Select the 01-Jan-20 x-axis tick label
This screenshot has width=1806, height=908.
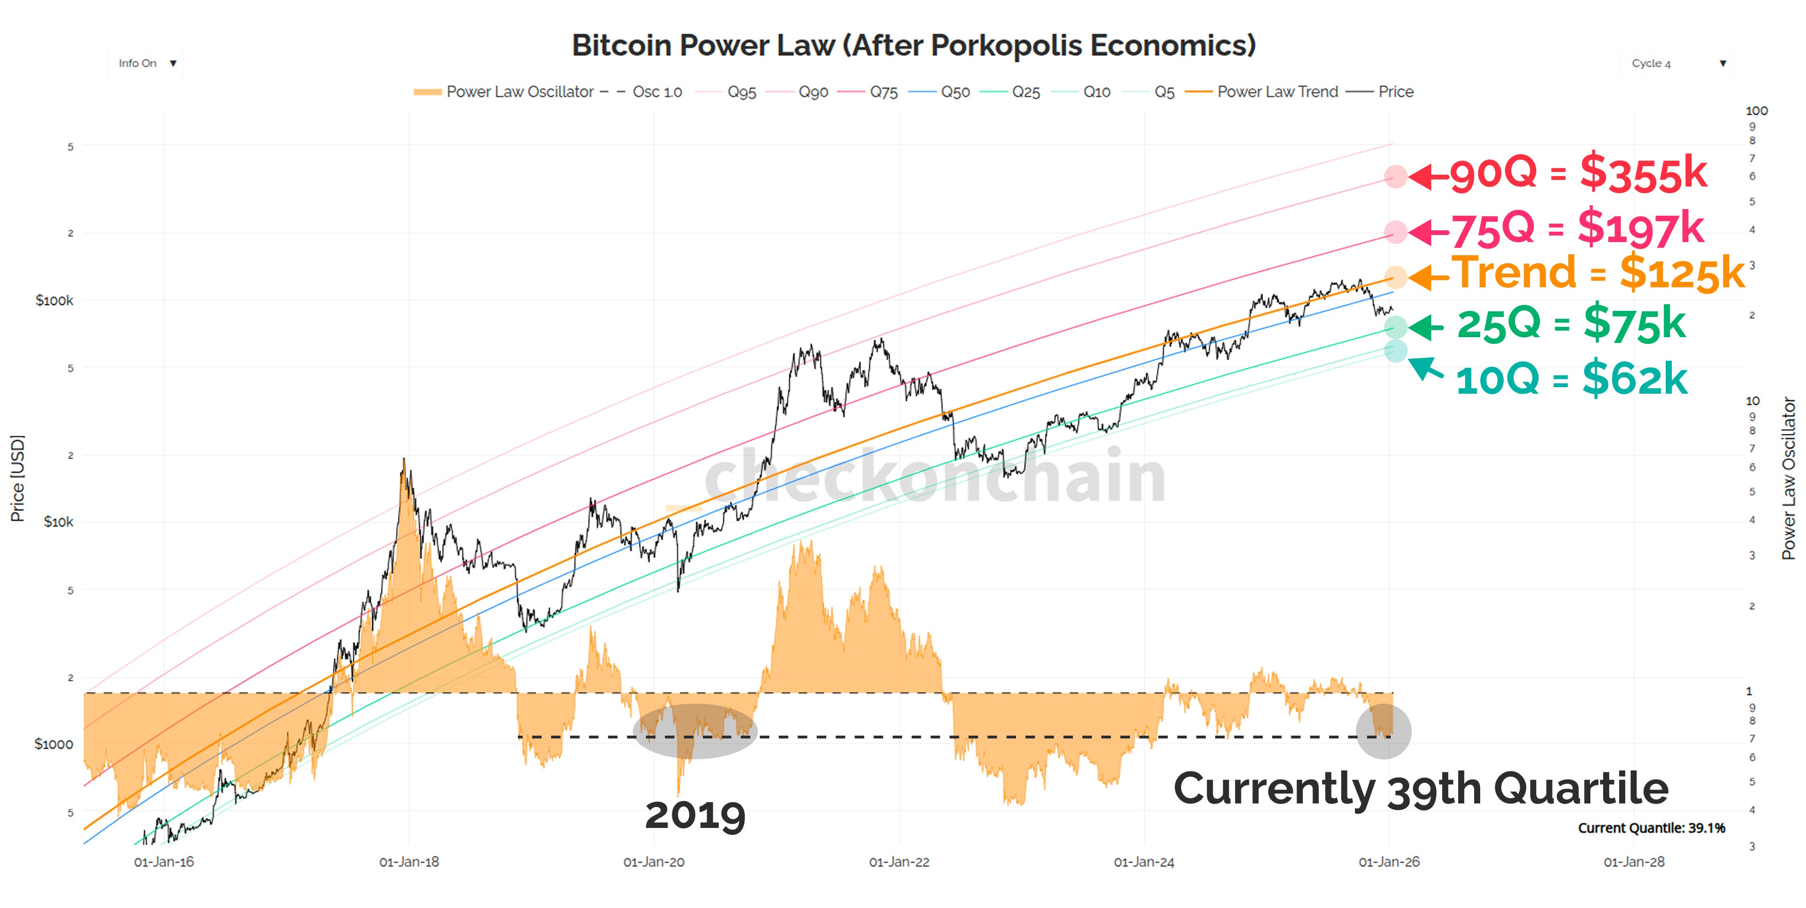pyautogui.click(x=653, y=862)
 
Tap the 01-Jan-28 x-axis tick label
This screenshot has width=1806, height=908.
pyautogui.click(x=1634, y=862)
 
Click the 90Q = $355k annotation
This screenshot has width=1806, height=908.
pyautogui.click(x=1578, y=173)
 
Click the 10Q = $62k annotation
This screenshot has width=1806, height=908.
pyautogui.click(x=1571, y=379)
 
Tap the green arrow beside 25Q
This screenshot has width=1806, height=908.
pyautogui.click(x=1426, y=327)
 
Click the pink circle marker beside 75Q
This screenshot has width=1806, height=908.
pyautogui.click(x=1395, y=231)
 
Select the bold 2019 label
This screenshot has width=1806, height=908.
pyautogui.click(x=695, y=815)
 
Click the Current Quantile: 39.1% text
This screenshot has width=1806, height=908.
pyautogui.click(x=1651, y=828)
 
